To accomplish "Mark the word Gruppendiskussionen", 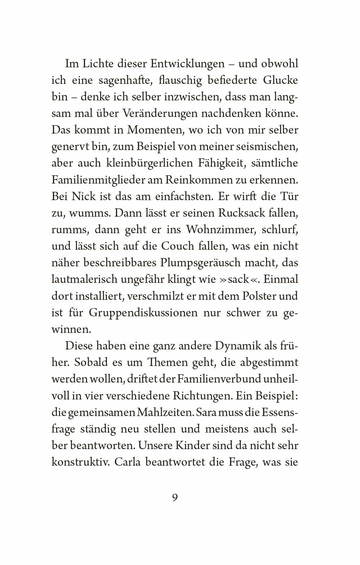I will [x=141, y=312].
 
